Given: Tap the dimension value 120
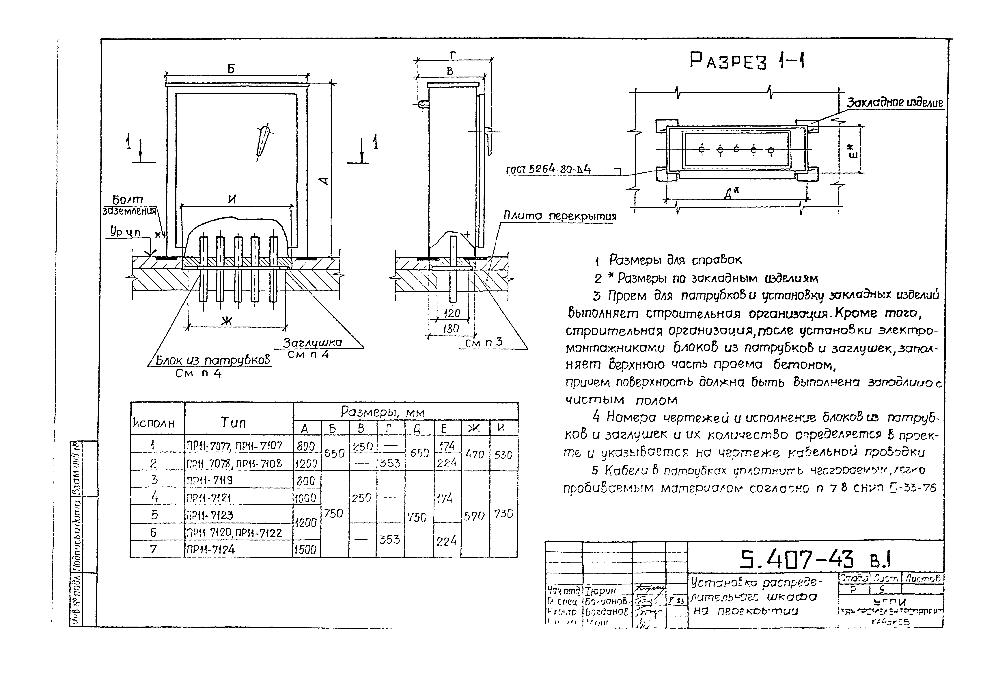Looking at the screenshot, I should point(452,313).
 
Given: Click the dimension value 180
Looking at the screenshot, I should point(451,329).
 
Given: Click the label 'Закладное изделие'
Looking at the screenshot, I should point(895,103).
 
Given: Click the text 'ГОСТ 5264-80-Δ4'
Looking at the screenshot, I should point(549,170).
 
